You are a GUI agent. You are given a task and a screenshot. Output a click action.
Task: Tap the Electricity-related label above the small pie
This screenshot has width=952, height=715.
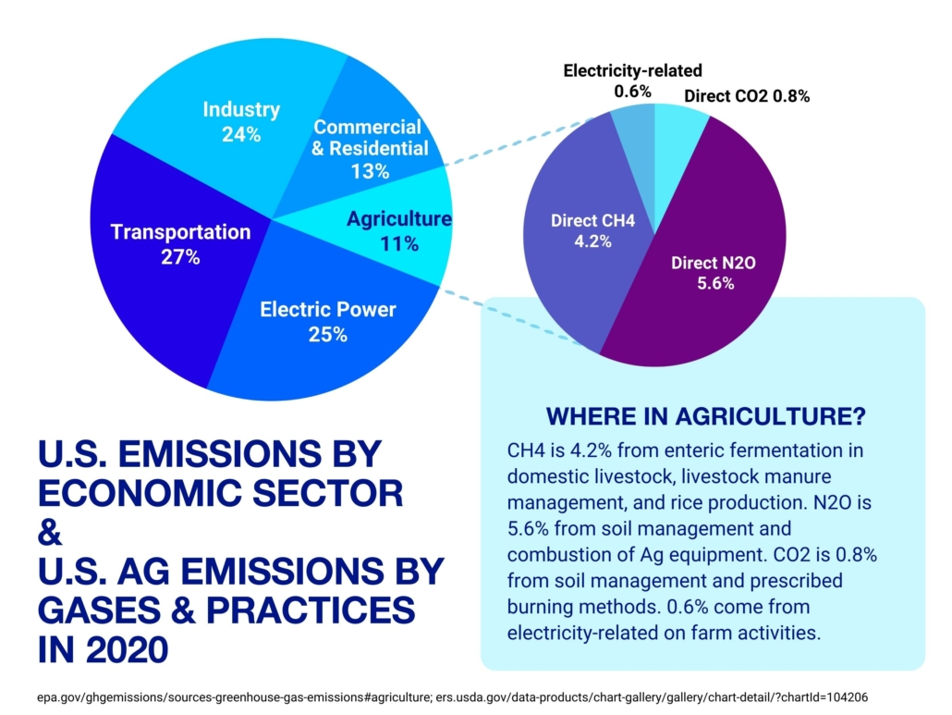(x=633, y=70)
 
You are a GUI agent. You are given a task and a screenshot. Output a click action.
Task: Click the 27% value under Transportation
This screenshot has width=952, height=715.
(x=180, y=256)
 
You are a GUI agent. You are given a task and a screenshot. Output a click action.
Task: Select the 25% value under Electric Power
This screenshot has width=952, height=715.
(x=328, y=334)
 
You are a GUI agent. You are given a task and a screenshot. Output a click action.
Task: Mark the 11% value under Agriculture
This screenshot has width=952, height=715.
(x=398, y=244)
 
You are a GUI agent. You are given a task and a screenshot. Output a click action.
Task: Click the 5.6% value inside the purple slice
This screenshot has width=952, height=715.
(x=714, y=284)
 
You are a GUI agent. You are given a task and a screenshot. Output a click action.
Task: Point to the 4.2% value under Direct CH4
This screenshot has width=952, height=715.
(x=592, y=242)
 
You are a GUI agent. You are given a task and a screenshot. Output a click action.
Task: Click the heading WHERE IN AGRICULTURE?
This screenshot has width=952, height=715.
(x=706, y=416)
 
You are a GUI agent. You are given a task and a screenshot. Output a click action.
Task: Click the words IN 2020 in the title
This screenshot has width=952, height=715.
(x=103, y=648)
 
